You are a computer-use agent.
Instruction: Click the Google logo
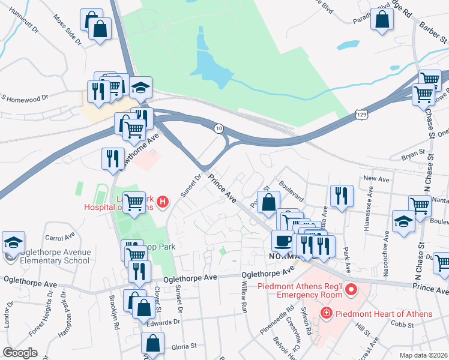point(20,352)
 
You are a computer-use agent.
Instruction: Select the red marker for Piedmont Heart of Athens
point(325,313)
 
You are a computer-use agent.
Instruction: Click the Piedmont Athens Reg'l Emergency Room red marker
point(351,290)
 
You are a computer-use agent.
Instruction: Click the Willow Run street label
point(244,304)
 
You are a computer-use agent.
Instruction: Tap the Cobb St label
point(403,325)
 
